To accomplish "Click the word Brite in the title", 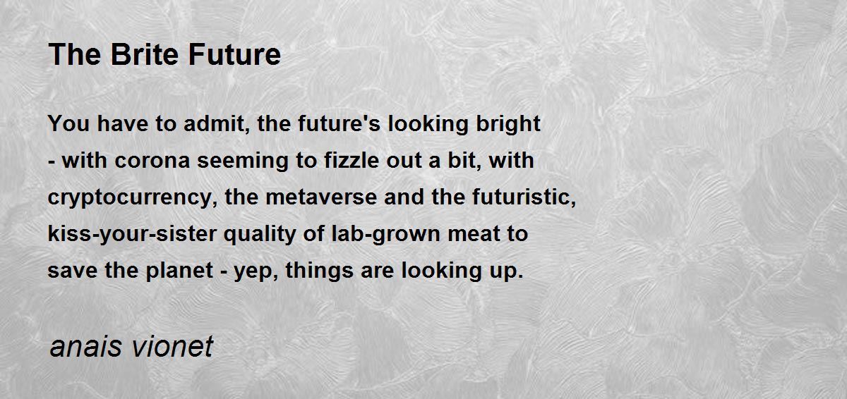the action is pyautogui.click(x=144, y=54).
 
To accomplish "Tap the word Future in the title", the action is pyautogui.click(x=234, y=54).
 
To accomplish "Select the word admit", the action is pyautogui.click(x=214, y=124).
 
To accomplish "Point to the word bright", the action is pyautogui.click(x=507, y=124).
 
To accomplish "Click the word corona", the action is pyautogui.click(x=152, y=161).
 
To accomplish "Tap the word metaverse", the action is pyautogui.click(x=321, y=198).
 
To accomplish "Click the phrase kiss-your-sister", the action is pyautogui.click(x=132, y=234).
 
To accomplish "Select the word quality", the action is pyautogui.click(x=260, y=234).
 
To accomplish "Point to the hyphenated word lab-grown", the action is pyautogui.click(x=385, y=234).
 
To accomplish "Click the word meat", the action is pyautogui.click(x=474, y=234).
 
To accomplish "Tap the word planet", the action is pyautogui.click(x=179, y=271).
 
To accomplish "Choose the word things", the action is pyautogui.click(x=320, y=271).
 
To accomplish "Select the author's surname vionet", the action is pyautogui.click(x=172, y=347).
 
